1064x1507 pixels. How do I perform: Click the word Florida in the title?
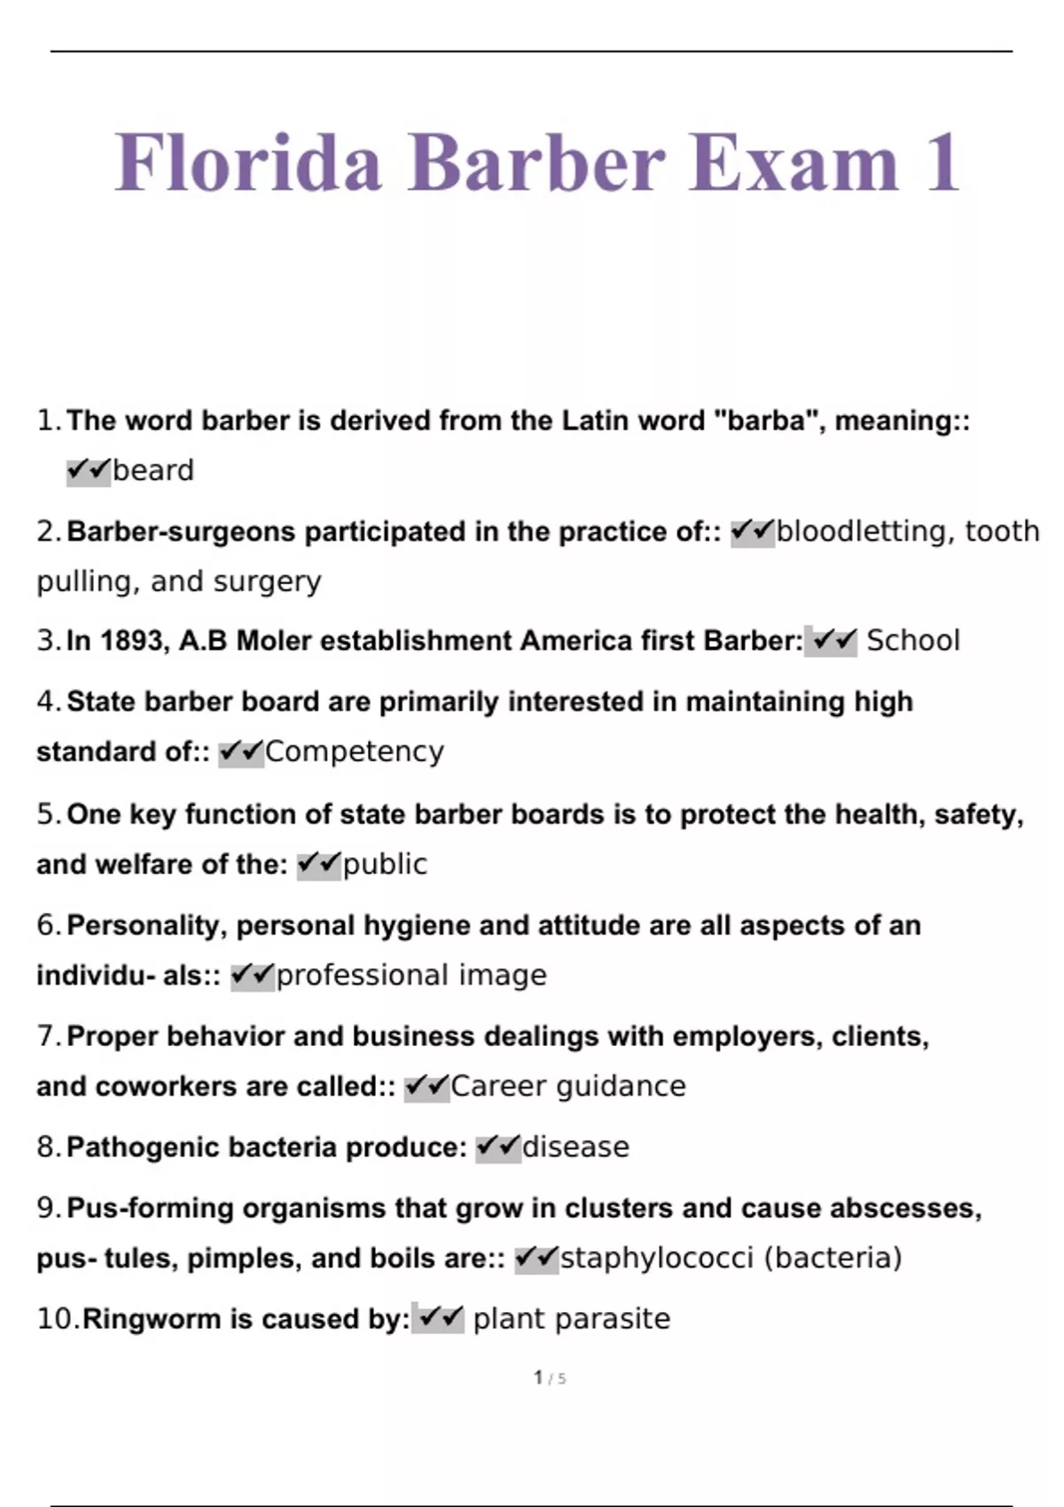click(248, 162)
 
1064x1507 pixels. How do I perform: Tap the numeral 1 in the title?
click(943, 162)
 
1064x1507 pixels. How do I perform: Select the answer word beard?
click(153, 470)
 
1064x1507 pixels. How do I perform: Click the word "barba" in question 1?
click(765, 420)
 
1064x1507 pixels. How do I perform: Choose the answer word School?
click(912, 640)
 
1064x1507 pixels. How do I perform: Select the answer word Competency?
click(354, 752)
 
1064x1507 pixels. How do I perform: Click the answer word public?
click(385, 863)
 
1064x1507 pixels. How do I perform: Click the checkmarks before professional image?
click(253, 975)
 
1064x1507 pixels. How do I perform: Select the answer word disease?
click(575, 1147)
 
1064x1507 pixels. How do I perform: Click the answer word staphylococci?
click(657, 1258)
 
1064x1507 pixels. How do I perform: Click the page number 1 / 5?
click(550, 1378)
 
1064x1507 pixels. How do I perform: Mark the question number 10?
click(57, 1319)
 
